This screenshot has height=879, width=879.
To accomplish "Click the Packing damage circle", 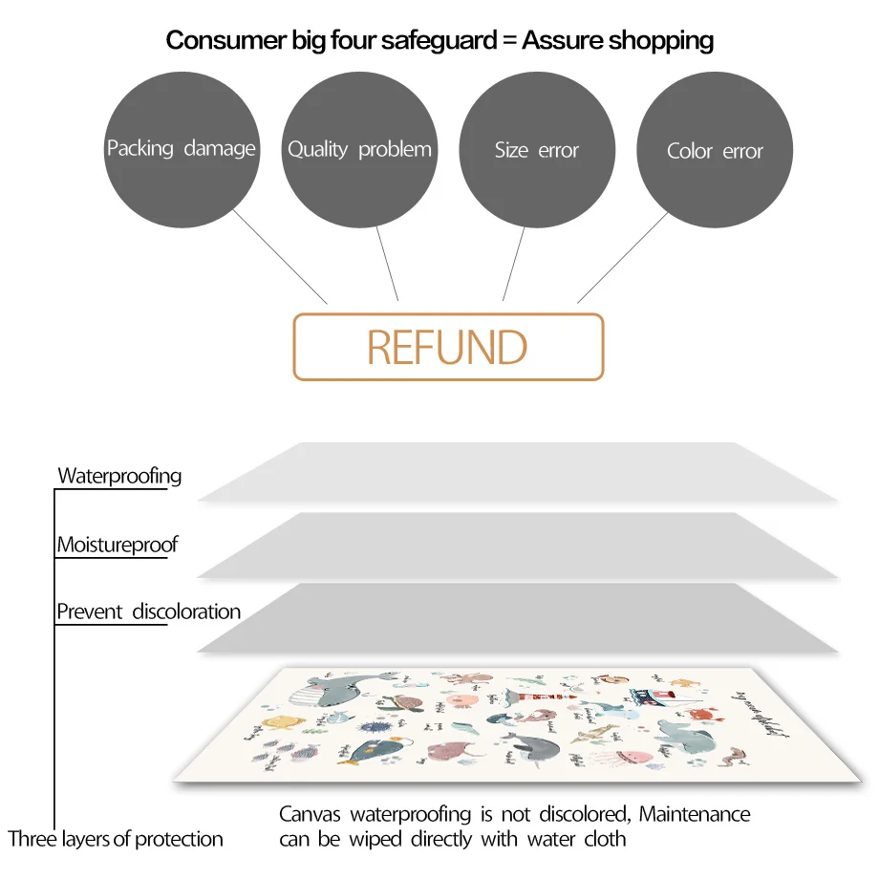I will pos(181,149).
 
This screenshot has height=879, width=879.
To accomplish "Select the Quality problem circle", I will pos(359,149).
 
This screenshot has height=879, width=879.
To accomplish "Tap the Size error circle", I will pos(537,149).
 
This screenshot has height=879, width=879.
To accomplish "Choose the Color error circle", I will pos(715,150).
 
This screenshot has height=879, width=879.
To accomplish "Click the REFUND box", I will pos(448,347).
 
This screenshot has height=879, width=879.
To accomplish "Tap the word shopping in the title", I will pos(665,41).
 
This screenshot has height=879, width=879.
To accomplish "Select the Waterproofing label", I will pos(119,476).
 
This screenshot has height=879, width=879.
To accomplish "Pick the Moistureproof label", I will pos(118,546).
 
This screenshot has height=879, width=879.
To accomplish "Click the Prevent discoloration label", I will pos(148,611).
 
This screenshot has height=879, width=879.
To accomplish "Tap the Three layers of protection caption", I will pos(116,839).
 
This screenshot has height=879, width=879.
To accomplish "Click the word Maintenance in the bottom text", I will pos(695,815).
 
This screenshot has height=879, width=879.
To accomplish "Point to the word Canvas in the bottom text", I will pos(311,815).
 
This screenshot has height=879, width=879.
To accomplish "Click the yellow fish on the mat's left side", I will pos(281,724).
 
